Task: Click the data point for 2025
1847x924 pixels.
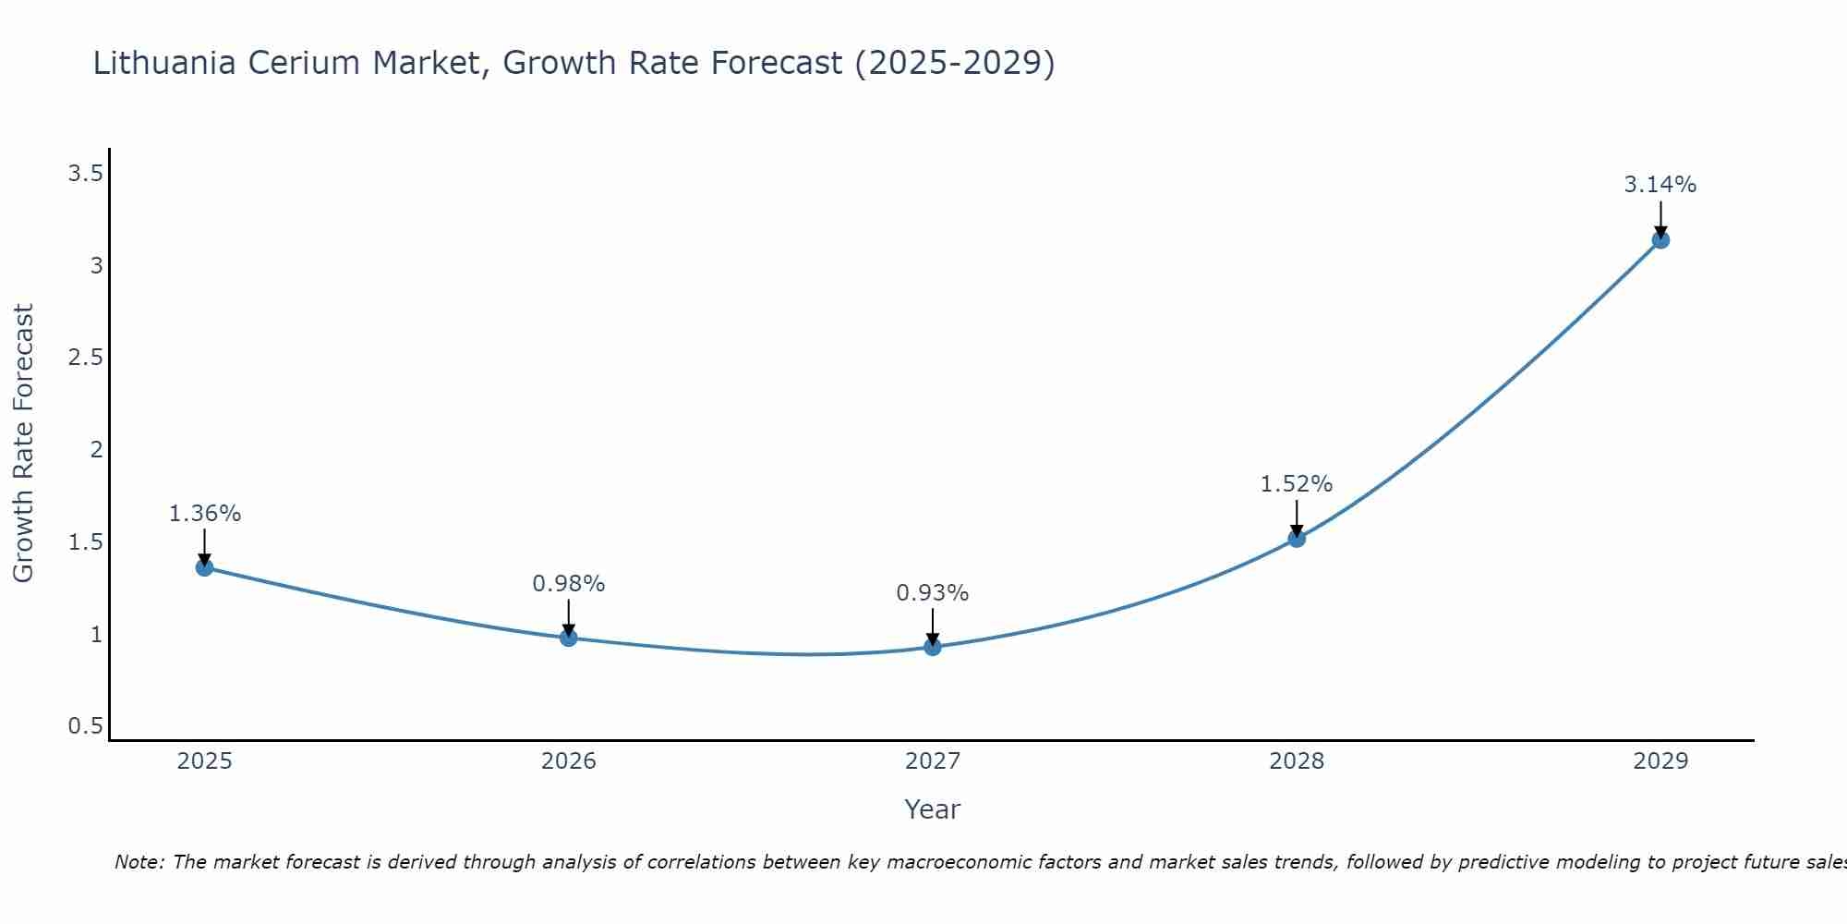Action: pyautogui.click(x=204, y=567)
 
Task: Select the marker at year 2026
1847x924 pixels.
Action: pyautogui.click(x=568, y=638)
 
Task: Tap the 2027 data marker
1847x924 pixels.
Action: pyautogui.click(x=933, y=647)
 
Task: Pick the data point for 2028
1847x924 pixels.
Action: pyautogui.click(x=1297, y=538)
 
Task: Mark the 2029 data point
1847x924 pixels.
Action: pyautogui.click(x=1660, y=240)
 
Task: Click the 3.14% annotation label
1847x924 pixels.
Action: pyautogui.click(x=1660, y=185)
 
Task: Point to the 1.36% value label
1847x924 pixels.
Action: pyautogui.click(x=204, y=514)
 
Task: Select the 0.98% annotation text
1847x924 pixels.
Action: pyautogui.click(x=568, y=584)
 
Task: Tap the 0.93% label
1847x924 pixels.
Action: pyautogui.click(x=933, y=593)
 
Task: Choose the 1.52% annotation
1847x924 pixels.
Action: pyautogui.click(x=1297, y=484)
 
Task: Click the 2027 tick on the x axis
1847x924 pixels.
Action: pyautogui.click(x=933, y=761)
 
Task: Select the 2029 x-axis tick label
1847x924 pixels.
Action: pyautogui.click(x=1660, y=761)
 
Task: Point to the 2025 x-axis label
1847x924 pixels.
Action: pyautogui.click(x=204, y=761)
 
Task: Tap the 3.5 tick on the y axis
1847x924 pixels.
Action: pyautogui.click(x=85, y=174)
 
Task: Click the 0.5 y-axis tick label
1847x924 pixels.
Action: pyautogui.click(x=85, y=726)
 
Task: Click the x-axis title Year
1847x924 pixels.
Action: pyautogui.click(x=933, y=809)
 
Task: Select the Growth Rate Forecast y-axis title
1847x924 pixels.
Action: pyautogui.click(x=24, y=444)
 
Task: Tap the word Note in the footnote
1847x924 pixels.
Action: pyautogui.click(x=139, y=862)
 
